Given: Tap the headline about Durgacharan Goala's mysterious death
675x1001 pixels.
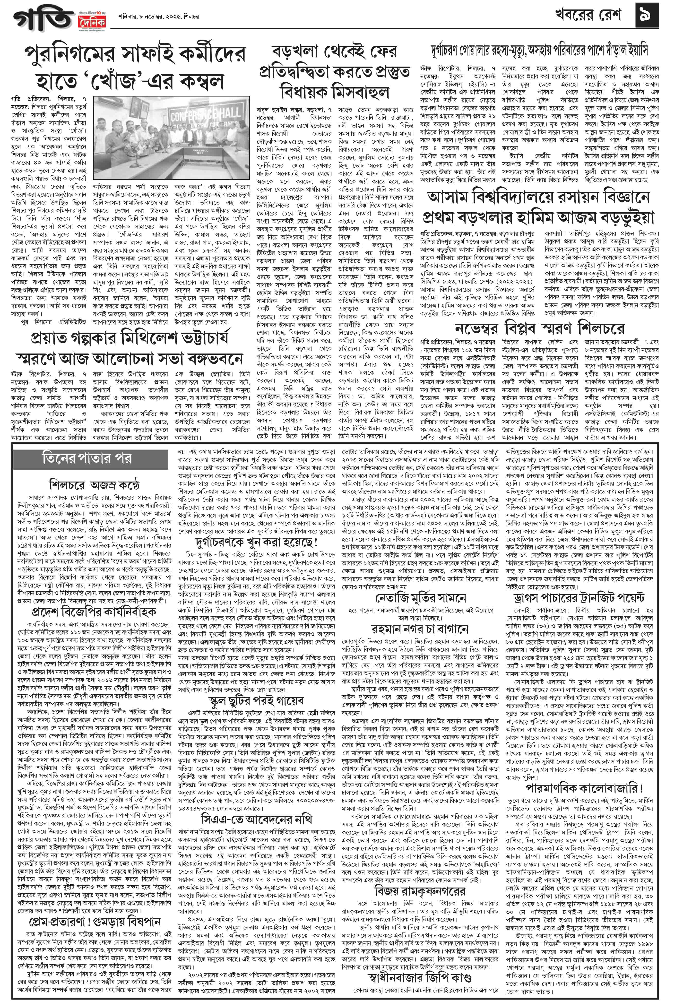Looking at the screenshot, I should click(x=540, y=50).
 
